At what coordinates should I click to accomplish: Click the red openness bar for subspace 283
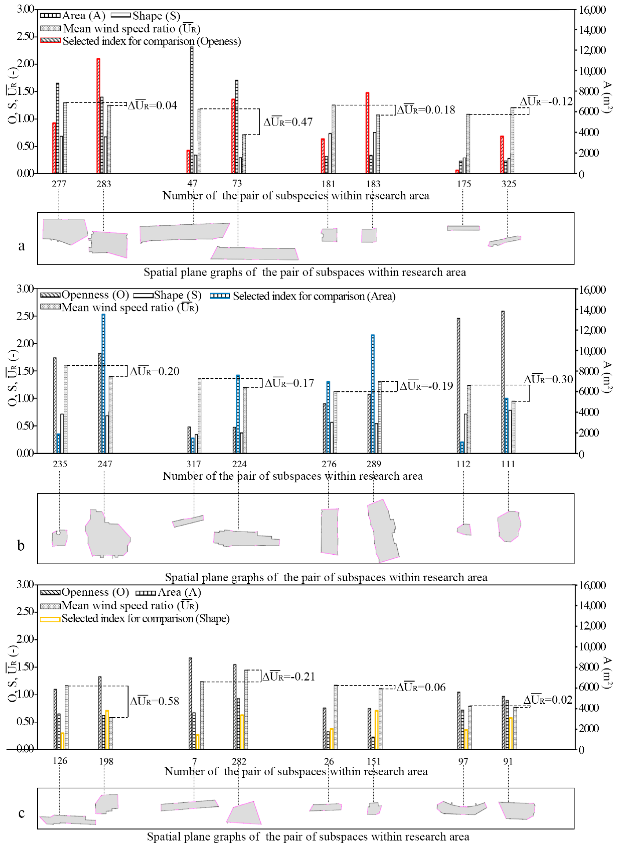[98, 116]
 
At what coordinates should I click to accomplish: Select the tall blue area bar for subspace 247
[103, 384]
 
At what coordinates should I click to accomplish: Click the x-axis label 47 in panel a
[192, 183]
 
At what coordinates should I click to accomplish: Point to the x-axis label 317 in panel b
[193, 464]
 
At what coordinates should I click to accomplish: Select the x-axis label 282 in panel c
[239, 761]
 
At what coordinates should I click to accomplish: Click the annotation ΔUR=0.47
[288, 122]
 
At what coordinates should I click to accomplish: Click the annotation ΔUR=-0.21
[288, 677]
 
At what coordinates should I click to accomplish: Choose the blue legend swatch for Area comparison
[220, 296]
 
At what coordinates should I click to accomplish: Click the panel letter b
[21, 546]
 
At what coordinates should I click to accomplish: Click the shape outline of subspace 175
[463, 228]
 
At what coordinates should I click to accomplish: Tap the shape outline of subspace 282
[245, 814]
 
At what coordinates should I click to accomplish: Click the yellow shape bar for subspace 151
[377, 729]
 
